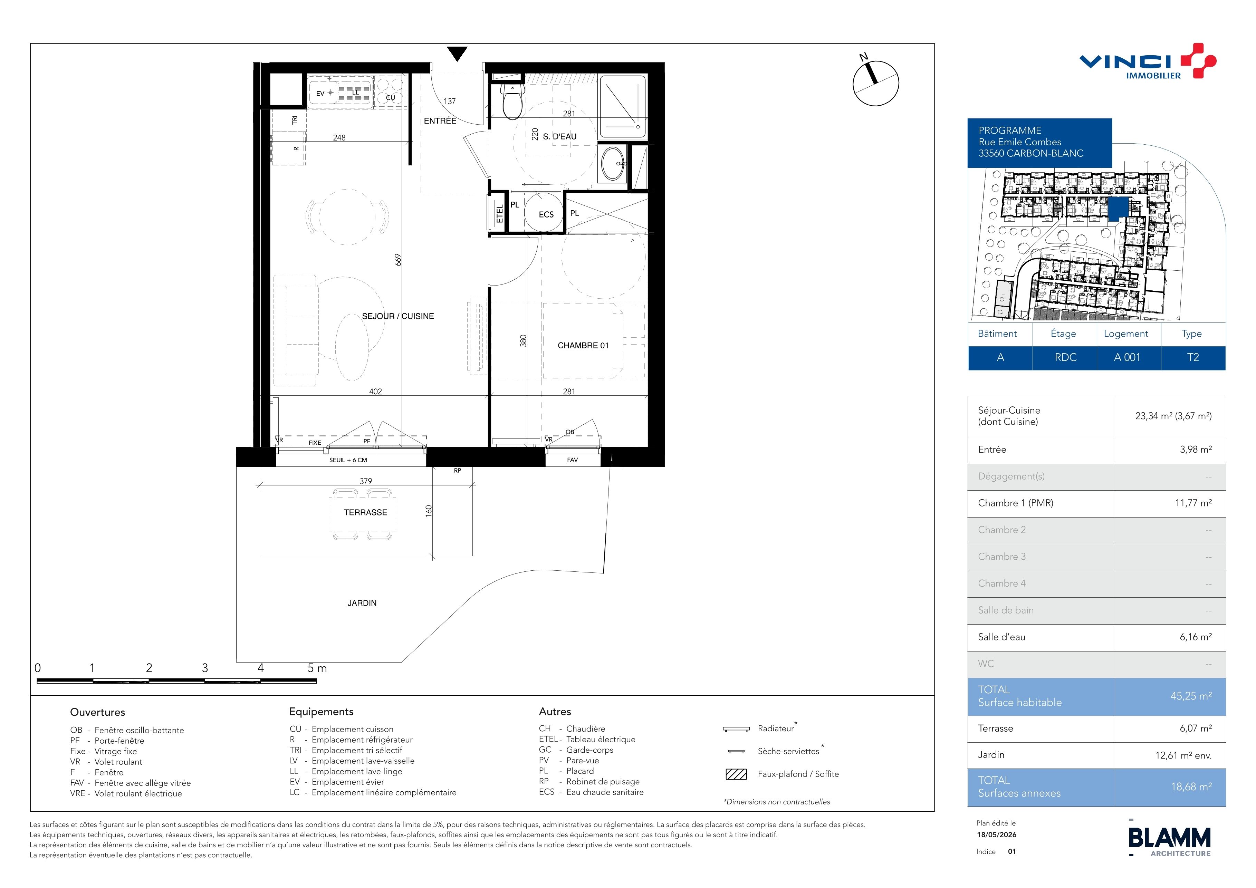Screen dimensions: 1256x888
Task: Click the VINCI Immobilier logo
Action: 1148,61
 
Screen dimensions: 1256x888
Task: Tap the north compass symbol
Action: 875,82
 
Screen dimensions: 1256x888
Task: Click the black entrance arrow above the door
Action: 457,54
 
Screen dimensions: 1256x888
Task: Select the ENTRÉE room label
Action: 440,121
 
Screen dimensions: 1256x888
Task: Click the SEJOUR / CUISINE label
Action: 398,316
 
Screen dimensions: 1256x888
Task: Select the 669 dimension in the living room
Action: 398,260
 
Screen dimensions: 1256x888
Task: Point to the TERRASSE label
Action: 365,512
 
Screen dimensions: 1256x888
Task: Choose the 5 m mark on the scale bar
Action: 317,668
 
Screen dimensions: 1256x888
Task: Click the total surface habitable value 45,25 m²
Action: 1191,696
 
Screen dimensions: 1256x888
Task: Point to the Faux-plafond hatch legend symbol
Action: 736,774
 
